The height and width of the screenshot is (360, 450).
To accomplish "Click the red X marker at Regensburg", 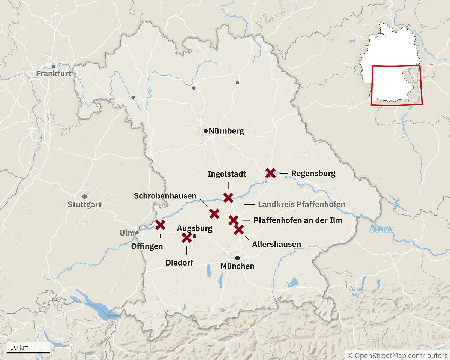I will tap(270, 173).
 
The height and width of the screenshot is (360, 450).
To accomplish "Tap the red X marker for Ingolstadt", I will tap(228, 198).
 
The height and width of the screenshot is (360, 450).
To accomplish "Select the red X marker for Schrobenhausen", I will tap(214, 214).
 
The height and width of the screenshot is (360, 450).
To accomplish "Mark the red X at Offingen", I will tap(160, 225).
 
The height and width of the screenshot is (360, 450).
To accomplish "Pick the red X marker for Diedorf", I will tap(186, 237).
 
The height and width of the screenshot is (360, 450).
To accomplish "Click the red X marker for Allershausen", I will tap(239, 229).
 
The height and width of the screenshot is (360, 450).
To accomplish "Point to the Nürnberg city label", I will tap(226, 131).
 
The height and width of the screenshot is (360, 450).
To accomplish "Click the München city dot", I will tap(237, 258).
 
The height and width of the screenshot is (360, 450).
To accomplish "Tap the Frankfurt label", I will tap(54, 73).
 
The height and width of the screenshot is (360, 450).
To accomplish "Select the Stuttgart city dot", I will tap(85, 196).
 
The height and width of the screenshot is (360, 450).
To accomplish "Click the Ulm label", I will tap(126, 233).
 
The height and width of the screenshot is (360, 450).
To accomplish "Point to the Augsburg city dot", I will tap(194, 236).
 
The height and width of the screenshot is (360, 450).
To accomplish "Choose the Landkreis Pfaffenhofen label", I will tap(301, 205).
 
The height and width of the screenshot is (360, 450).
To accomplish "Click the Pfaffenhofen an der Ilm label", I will tap(298, 220).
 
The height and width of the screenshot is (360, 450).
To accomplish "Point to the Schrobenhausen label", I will tap(165, 196).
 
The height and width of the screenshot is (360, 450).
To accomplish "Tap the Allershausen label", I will tap(276, 244).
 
